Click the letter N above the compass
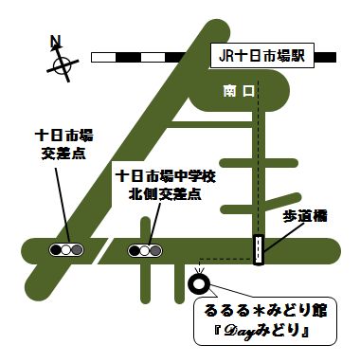(56, 41)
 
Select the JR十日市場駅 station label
(261, 56)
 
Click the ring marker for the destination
(199, 281)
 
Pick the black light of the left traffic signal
(53, 251)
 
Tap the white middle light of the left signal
(65, 251)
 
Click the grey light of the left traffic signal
(78, 251)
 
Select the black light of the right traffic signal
(133, 251)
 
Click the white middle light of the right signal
(145, 251)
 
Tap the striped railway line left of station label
(147, 57)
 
